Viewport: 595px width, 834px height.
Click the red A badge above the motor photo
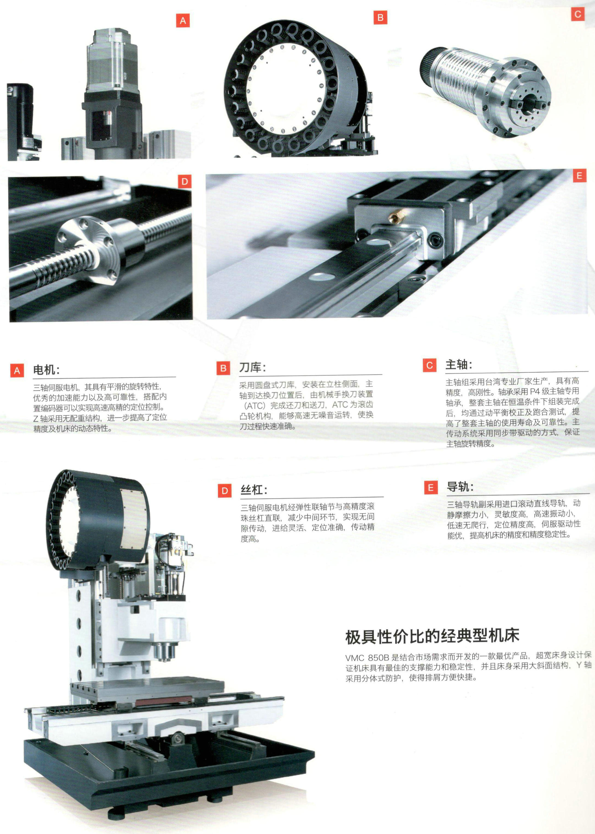[x=183, y=20]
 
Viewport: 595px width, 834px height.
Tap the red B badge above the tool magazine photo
[x=380, y=17]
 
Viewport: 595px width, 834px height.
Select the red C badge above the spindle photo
[x=578, y=14]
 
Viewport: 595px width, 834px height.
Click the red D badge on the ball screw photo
[x=184, y=181]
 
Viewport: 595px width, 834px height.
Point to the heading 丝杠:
[x=254, y=490]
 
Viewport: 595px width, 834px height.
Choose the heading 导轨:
[x=460, y=487]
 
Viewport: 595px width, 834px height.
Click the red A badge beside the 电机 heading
[x=17, y=371]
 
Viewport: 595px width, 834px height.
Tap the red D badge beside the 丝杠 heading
[x=225, y=491]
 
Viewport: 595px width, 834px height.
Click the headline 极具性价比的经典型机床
[x=432, y=636]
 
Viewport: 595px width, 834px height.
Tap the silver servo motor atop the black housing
[x=112, y=60]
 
